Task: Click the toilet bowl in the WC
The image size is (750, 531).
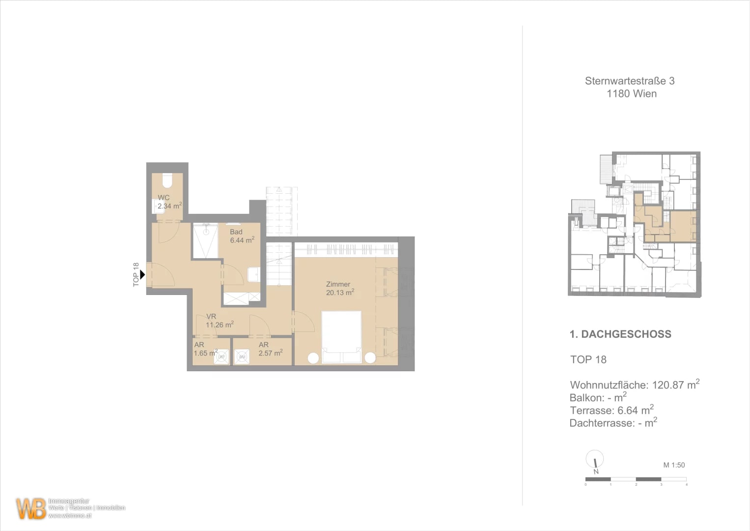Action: tap(167, 181)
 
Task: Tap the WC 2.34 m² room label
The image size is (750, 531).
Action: tap(169, 202)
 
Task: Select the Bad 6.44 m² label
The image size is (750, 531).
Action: tap(242, 236)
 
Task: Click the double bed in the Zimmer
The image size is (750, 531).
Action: tap(341, 337)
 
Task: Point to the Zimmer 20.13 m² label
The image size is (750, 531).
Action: tap(339, 289)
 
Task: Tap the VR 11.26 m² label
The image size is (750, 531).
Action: tap(219, 321)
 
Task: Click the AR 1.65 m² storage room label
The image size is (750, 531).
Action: tap(205, 349)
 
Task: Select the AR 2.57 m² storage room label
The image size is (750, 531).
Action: tap(270, 349)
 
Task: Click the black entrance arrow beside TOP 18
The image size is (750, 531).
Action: tap(142, 274)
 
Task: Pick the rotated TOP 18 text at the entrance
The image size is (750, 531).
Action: tap(136, 274)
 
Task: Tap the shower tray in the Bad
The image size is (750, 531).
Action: tap(205, 241)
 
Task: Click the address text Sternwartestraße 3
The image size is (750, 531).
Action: tap(629, 81)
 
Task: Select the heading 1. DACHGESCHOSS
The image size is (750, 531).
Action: tap(620, 334)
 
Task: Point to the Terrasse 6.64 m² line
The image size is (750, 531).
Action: tap(611, 410)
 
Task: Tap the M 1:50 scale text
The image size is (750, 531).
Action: tap(673, 465)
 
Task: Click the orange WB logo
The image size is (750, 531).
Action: tap(31, 508)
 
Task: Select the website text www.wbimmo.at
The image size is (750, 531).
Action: tap(70, 516)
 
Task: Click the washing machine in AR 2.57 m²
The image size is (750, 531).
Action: tap(241, 356)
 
